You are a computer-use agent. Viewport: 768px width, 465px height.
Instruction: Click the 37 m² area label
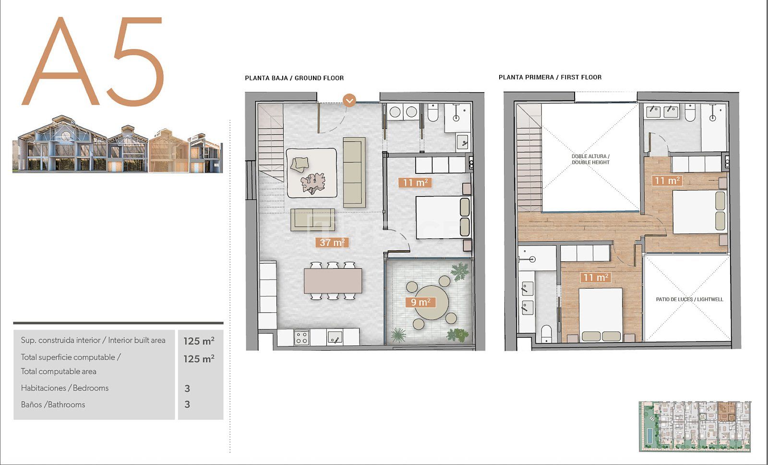coord(332,243)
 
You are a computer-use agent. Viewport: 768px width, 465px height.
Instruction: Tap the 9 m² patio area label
coord(420,302)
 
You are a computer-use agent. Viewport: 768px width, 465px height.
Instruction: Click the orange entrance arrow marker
coord(349,100)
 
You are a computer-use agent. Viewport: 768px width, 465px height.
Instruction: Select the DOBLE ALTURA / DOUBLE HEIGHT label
coord(590,159)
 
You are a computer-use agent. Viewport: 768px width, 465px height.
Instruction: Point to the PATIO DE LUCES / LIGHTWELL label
coord(689,299)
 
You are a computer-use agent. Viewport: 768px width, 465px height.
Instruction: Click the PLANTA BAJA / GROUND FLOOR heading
coord(294,78)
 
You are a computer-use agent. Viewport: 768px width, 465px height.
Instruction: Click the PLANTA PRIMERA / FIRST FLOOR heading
coord(550,77)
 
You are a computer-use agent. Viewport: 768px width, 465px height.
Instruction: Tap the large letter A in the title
coord(60,61)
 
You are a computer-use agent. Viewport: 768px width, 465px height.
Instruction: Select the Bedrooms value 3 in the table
coord(187,389)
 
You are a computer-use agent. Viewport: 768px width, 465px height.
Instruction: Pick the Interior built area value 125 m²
coord(199,341)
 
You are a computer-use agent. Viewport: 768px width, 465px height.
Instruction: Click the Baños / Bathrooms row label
coord(53,404)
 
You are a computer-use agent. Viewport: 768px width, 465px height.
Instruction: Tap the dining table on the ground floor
coord(333,281)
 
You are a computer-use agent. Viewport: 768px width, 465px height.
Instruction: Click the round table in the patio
coord(432,303)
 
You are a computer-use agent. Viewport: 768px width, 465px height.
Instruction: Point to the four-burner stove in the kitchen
coord(301,337)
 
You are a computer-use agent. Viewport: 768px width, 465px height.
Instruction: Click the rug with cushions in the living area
coord(312,173)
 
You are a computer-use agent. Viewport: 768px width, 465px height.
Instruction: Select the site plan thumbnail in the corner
coord(695,427)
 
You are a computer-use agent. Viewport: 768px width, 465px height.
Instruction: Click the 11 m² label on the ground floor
coord(415,183)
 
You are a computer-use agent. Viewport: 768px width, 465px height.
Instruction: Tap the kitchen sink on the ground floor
coord(334,337)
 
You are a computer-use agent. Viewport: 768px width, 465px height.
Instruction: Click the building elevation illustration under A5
coord(118,144)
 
